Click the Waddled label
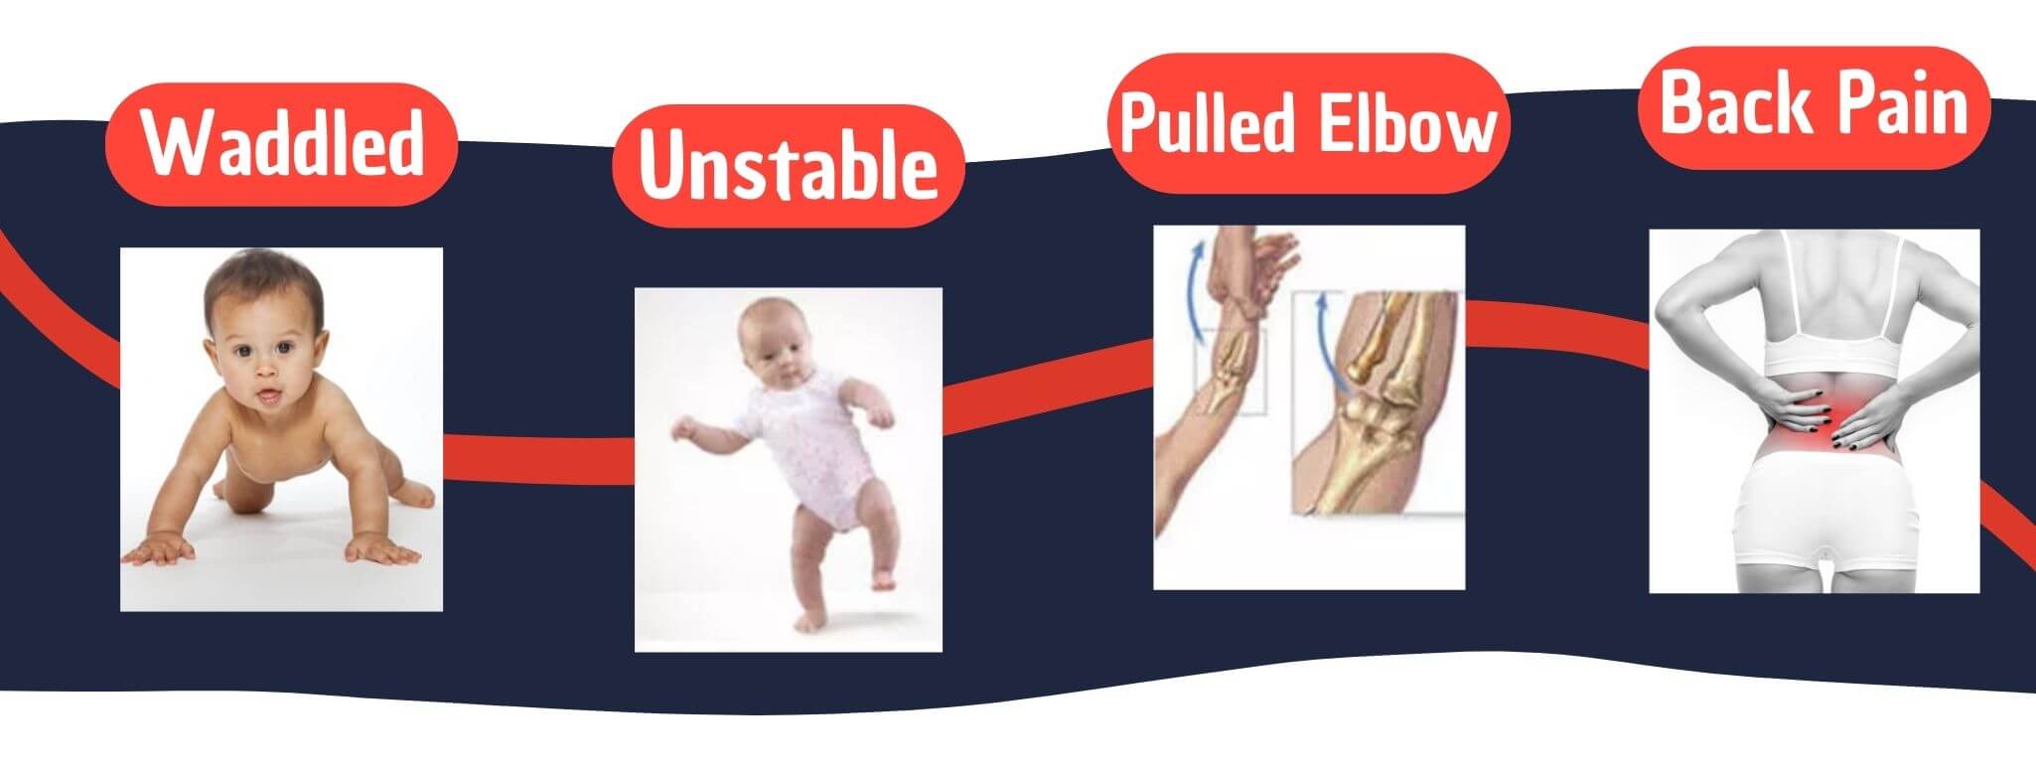[280, 144]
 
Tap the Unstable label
[789, 166]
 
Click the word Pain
[1899, 105]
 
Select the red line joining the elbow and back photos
[1557, 328]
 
